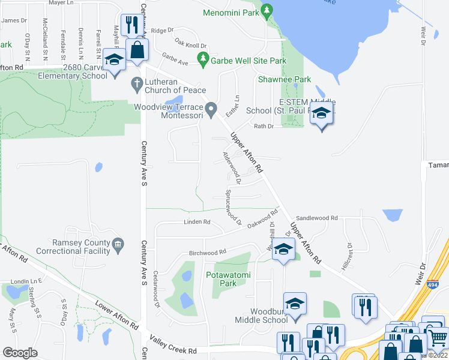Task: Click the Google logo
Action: [20, 353]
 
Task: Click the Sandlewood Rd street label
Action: [317, 218]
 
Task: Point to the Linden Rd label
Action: [197, 222]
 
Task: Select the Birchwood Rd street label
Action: [207, 253]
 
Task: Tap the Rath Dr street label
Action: [264, 126]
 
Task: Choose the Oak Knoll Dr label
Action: [190, 44]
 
